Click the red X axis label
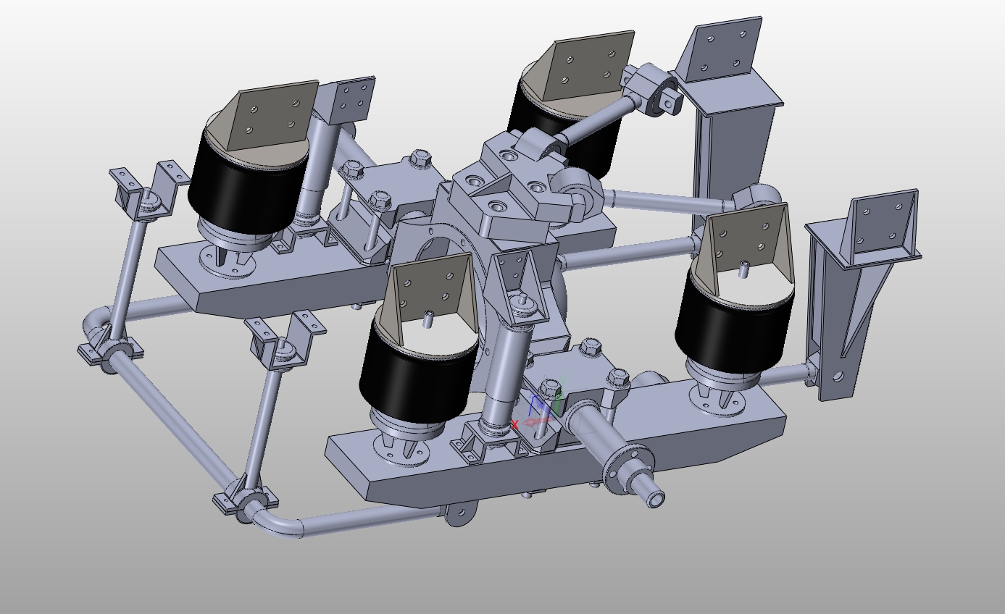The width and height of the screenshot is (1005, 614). (515, 424)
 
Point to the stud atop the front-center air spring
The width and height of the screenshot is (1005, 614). (428, 317)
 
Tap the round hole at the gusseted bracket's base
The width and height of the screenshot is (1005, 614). (838, 377)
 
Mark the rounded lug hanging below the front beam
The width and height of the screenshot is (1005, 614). (458, 516)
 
